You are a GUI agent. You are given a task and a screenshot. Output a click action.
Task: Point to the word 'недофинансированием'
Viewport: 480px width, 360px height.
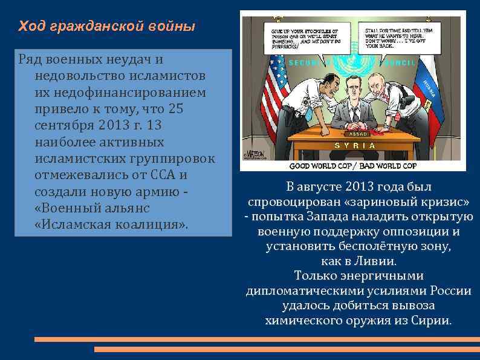(121, 93)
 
